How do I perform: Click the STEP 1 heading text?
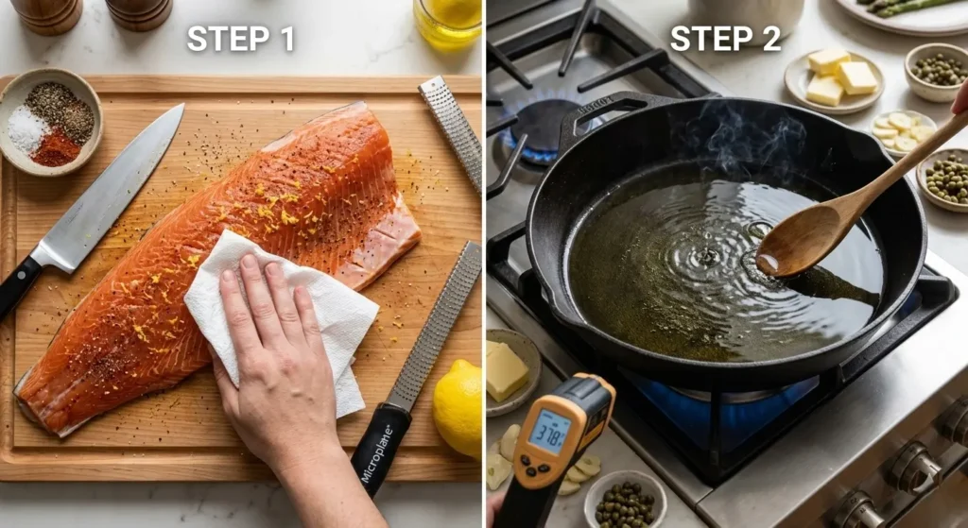tap(241, 39)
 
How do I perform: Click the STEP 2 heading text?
tap(725, 38)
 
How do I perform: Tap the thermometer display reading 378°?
tap(549, 431)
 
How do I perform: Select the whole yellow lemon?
tap(458, 408)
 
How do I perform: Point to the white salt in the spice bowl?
tap(27, 128)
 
